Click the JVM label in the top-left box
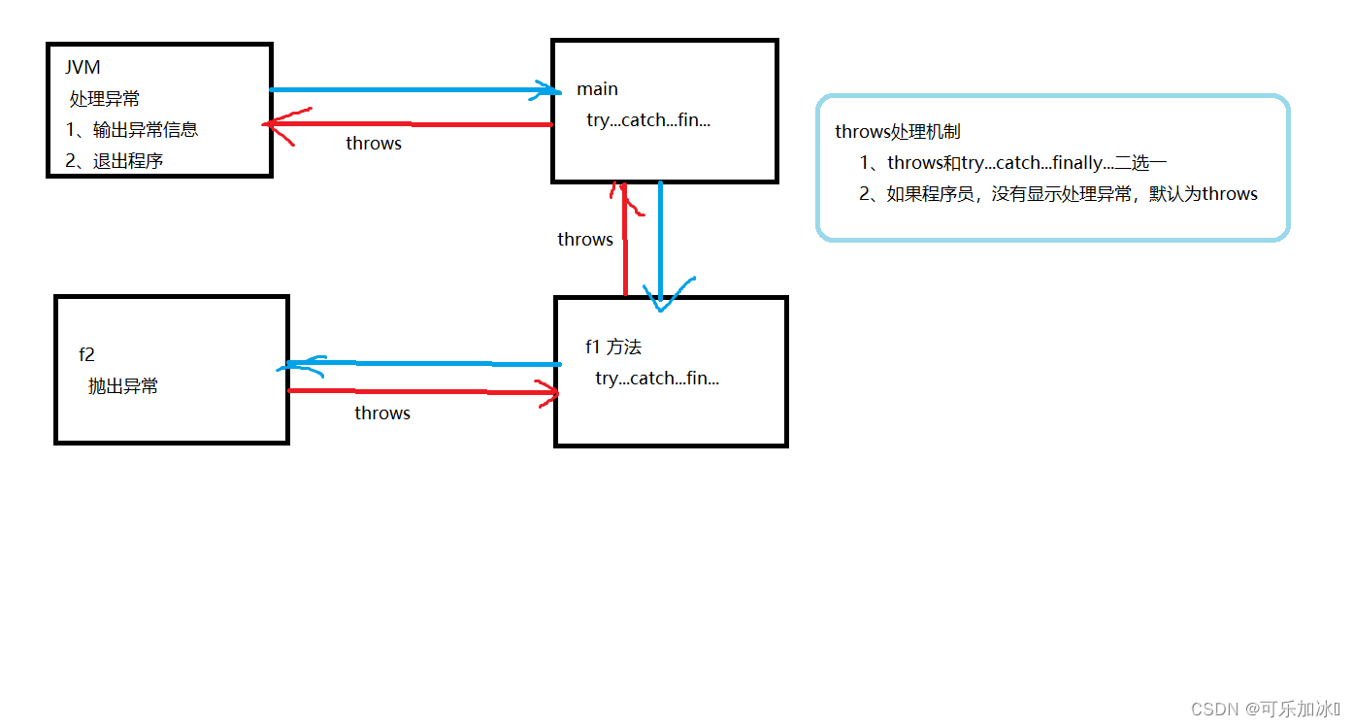tap(83, 68)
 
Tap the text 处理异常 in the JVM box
tap(105, 99)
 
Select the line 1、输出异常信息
tap(132, 130)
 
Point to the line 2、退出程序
tap(115, 161)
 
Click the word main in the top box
tap(597, 89)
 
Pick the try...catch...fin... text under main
tap(648, 120)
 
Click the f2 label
tap(87, 355)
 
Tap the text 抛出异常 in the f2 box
tap(123, 386)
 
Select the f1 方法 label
tap(613, 347)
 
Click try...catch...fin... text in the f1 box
tap(657, 379)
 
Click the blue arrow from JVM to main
tap(408, 90)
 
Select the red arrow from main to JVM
tap(408, 124)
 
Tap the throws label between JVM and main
tap(374, 144)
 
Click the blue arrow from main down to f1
tap(660, 243)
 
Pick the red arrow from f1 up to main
tap(625, 243)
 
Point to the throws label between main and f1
tap(585, 240)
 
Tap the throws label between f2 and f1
tap(382, 413)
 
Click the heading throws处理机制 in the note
tap(898, 132)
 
